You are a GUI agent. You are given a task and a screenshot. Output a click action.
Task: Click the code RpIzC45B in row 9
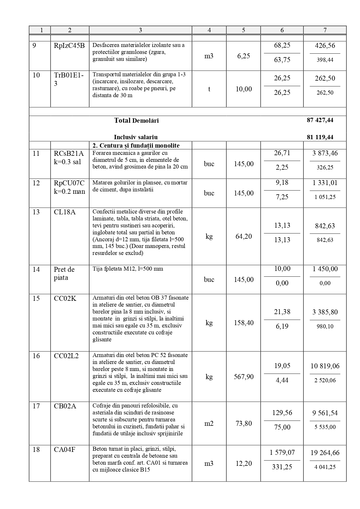(69, 45)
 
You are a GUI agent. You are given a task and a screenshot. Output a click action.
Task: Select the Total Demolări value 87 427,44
(320, 120)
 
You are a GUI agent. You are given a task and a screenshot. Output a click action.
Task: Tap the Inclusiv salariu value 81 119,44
(320, 137)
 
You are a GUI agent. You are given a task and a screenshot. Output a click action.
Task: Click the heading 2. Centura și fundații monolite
(136, 146)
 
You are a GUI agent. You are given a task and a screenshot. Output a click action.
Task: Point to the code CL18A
(64, 212)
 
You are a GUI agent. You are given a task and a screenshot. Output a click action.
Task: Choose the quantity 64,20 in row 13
(243, 236)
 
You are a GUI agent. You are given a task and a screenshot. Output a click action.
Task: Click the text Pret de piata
(64, 273)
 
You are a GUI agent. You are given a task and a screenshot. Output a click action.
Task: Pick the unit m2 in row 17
(209, 423)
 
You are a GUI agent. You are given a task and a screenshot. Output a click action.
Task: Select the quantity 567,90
(243, 377)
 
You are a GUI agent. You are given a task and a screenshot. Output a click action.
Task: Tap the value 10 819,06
(325, 366)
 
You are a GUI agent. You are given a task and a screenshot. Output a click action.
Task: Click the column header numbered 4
(209, 30)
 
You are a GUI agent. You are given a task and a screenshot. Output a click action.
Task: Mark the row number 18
(36, 450)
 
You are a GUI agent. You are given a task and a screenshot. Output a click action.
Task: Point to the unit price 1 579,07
(282, 453)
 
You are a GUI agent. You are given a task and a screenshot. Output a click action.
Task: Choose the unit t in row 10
(209, 89)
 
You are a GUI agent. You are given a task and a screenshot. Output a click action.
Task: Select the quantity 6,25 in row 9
(243, 56)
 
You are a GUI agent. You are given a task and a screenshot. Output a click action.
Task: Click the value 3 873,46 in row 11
(325, 153)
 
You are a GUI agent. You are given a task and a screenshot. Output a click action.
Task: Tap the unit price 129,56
(282, 413)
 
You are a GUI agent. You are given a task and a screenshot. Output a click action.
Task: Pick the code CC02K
(65, 298)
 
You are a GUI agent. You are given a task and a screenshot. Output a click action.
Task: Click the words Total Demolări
(136, 120)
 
